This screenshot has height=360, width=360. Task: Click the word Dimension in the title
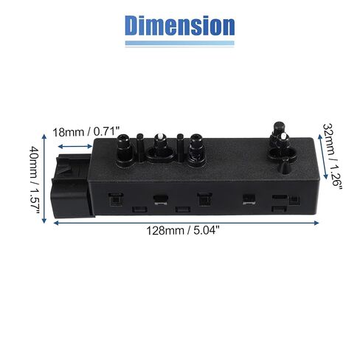[179, 26]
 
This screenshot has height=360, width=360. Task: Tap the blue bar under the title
[179, 44]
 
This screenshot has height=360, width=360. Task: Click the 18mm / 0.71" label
[86, 132]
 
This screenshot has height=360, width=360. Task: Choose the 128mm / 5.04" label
[183, 231]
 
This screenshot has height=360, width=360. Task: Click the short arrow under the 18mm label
[75, 147]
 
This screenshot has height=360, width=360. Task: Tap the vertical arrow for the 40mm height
[44, 179]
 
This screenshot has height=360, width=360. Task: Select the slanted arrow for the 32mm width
[323, 156]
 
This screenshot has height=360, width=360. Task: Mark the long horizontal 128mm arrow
[186, 223]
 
